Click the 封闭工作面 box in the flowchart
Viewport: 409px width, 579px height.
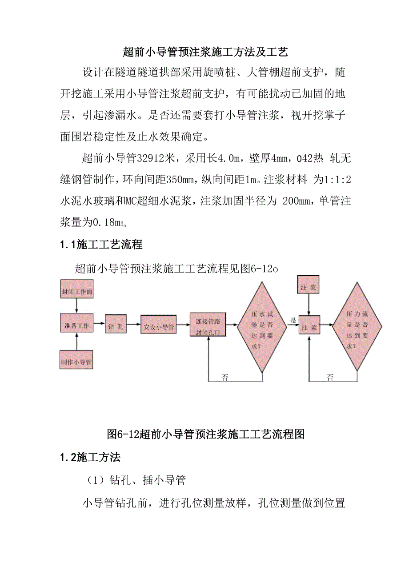(77, 293)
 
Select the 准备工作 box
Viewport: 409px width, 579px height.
(77, 326)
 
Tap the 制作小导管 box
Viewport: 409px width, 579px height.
(76, 362)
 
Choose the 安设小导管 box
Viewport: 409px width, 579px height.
(159, 327)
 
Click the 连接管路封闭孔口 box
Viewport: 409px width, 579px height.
(208, 326)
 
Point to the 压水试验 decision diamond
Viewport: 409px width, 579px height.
(261, 326)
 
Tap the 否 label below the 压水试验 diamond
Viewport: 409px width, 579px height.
(225, 378)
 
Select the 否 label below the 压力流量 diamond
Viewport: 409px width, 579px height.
(330, 378)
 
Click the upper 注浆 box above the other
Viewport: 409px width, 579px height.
(309, 288)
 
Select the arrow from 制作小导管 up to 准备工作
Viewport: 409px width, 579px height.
(77, 343)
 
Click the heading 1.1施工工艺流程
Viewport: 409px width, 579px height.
(101, 244)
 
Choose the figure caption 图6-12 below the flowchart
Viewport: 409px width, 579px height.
(206, 434)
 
